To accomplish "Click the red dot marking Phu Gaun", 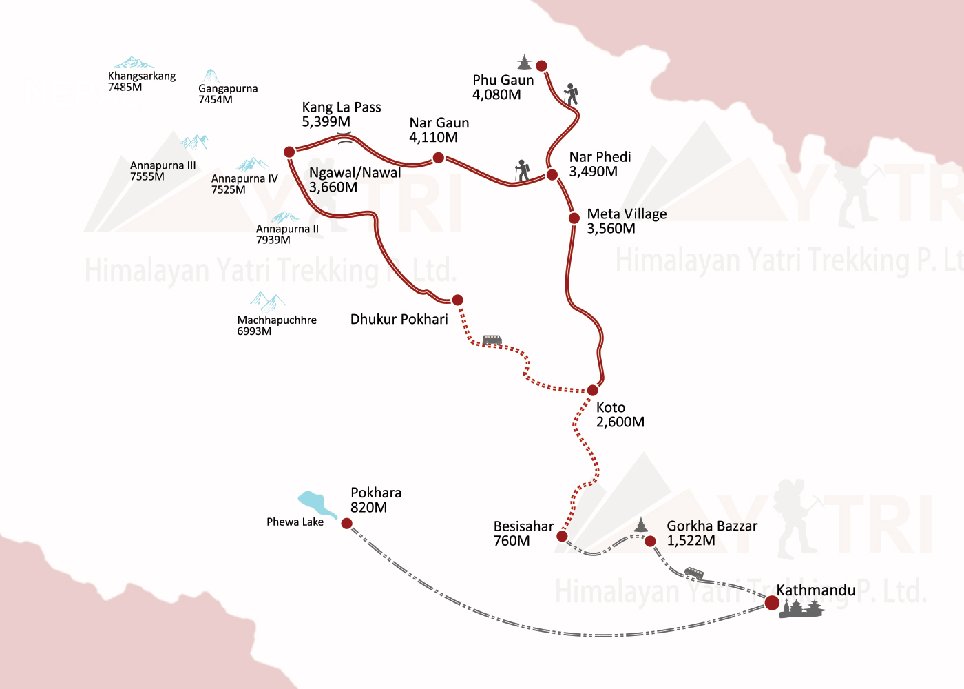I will pyautogui.click(x=542, y=66).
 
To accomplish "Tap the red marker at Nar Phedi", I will pyautogui.click(x=552, y=175).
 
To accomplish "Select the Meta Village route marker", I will pyautogui.click(x=574, y=218).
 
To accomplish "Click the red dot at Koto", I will pyautogui.click(x=593, y=391).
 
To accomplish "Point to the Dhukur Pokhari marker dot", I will pyautogui.click(x=457, y=300).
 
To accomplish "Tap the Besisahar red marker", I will pyautogui.click(x=562, y=536).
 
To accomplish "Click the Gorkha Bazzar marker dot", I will pyautogui.click(x=650, y=542).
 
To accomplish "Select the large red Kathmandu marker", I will pyautogui.click(x=772, y=603).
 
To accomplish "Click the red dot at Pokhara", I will pyautogui.click(x=347, y=524).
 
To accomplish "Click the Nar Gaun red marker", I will pyautogui.click(x=438, y=158).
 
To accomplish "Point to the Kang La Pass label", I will pyautogui.click(x=341, y=114).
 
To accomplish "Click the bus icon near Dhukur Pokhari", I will pyautogui.click(x=492, y=340).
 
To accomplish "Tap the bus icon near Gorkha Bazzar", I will pyautogui.click(x=694, y=573).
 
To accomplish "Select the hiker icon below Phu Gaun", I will pyautogui.click(x=570, y=94).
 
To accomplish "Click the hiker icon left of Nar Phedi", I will pyautogui.click(x=523, y=171).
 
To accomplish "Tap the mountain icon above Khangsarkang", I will pyautogui.click(x=134, y=63).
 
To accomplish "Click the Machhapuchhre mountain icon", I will pyautogui.click(x=267, y=301).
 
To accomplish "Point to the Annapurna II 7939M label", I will pyautogui.click(x=287, y=234).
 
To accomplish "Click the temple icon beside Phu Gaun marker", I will pyautogui.click(x=525, y=62).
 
